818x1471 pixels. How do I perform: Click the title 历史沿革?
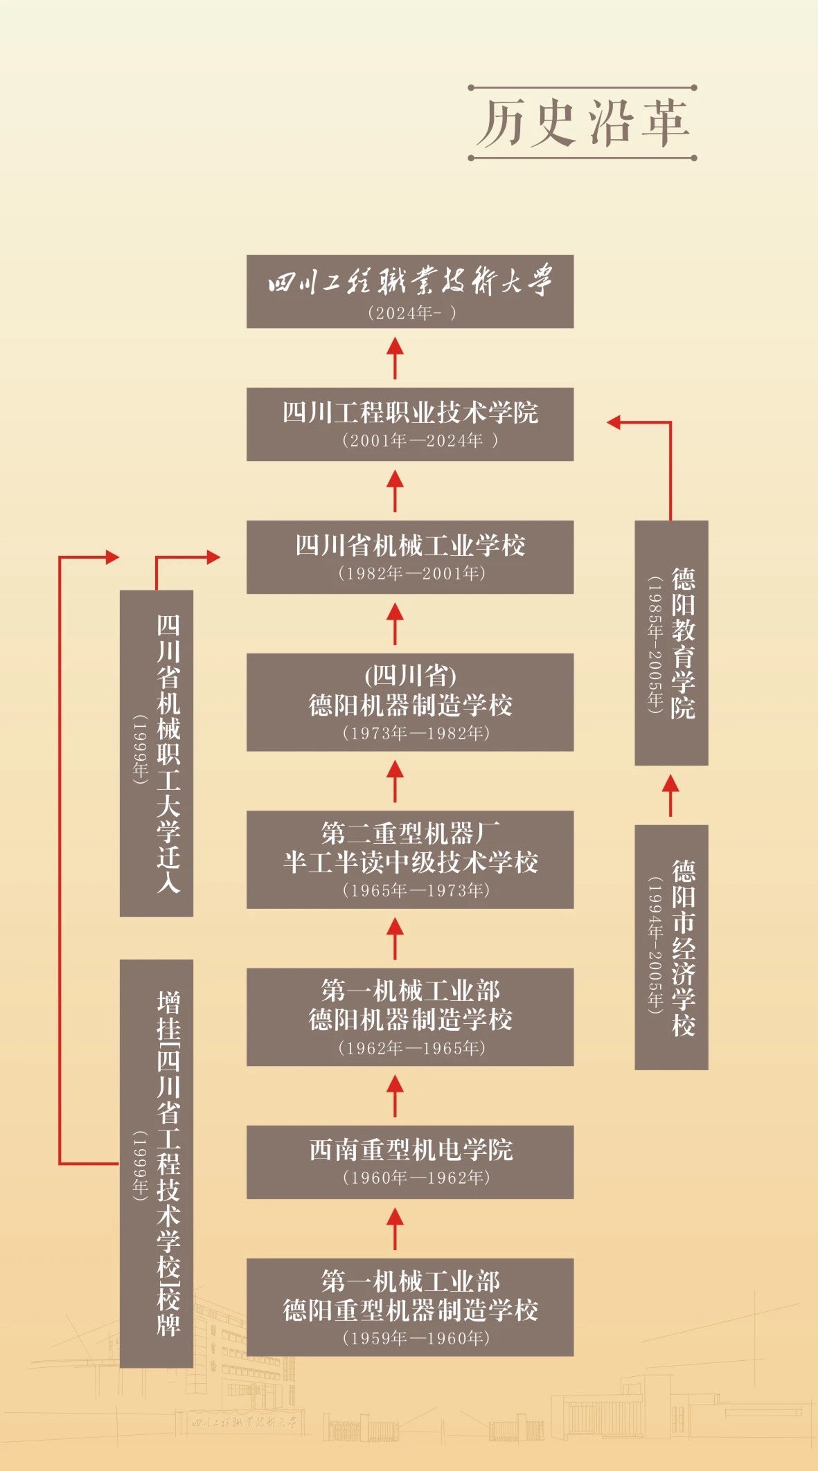(583, 123)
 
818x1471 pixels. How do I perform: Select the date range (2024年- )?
(411, 313)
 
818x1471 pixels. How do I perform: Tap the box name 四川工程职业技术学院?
(410, 413)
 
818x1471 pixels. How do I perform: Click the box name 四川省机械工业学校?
(410, 545)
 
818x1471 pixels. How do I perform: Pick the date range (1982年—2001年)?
(411, 573)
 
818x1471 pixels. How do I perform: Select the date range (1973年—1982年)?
(416, 733)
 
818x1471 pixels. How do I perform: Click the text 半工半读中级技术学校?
(410, 863)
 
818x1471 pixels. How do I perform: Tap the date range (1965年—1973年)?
(416, 890)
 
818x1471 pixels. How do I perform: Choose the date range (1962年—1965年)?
(411, 1048)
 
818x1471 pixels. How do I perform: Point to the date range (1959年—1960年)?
(416, 1338)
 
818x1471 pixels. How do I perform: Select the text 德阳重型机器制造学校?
(410, 1310)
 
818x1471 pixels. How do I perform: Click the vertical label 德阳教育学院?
(683, 643)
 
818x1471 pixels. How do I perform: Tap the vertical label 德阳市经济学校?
(683, 948)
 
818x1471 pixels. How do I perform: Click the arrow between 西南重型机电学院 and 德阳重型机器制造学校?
(395, 1228)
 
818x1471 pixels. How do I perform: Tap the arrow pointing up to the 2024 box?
(395, 357)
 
